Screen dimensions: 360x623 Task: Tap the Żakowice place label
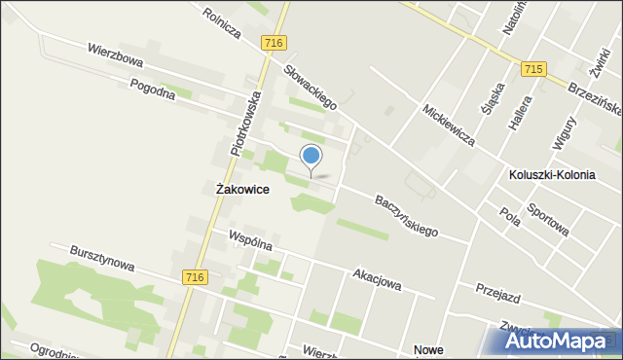click(242, 190)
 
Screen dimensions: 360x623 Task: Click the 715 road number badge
click(532, 69)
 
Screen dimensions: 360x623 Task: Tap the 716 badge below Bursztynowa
click(195, 277)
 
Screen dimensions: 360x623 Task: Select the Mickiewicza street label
click(449, 125)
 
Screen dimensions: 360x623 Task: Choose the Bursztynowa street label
click(102, 258)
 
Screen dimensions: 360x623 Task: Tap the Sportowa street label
click(547, 220)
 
